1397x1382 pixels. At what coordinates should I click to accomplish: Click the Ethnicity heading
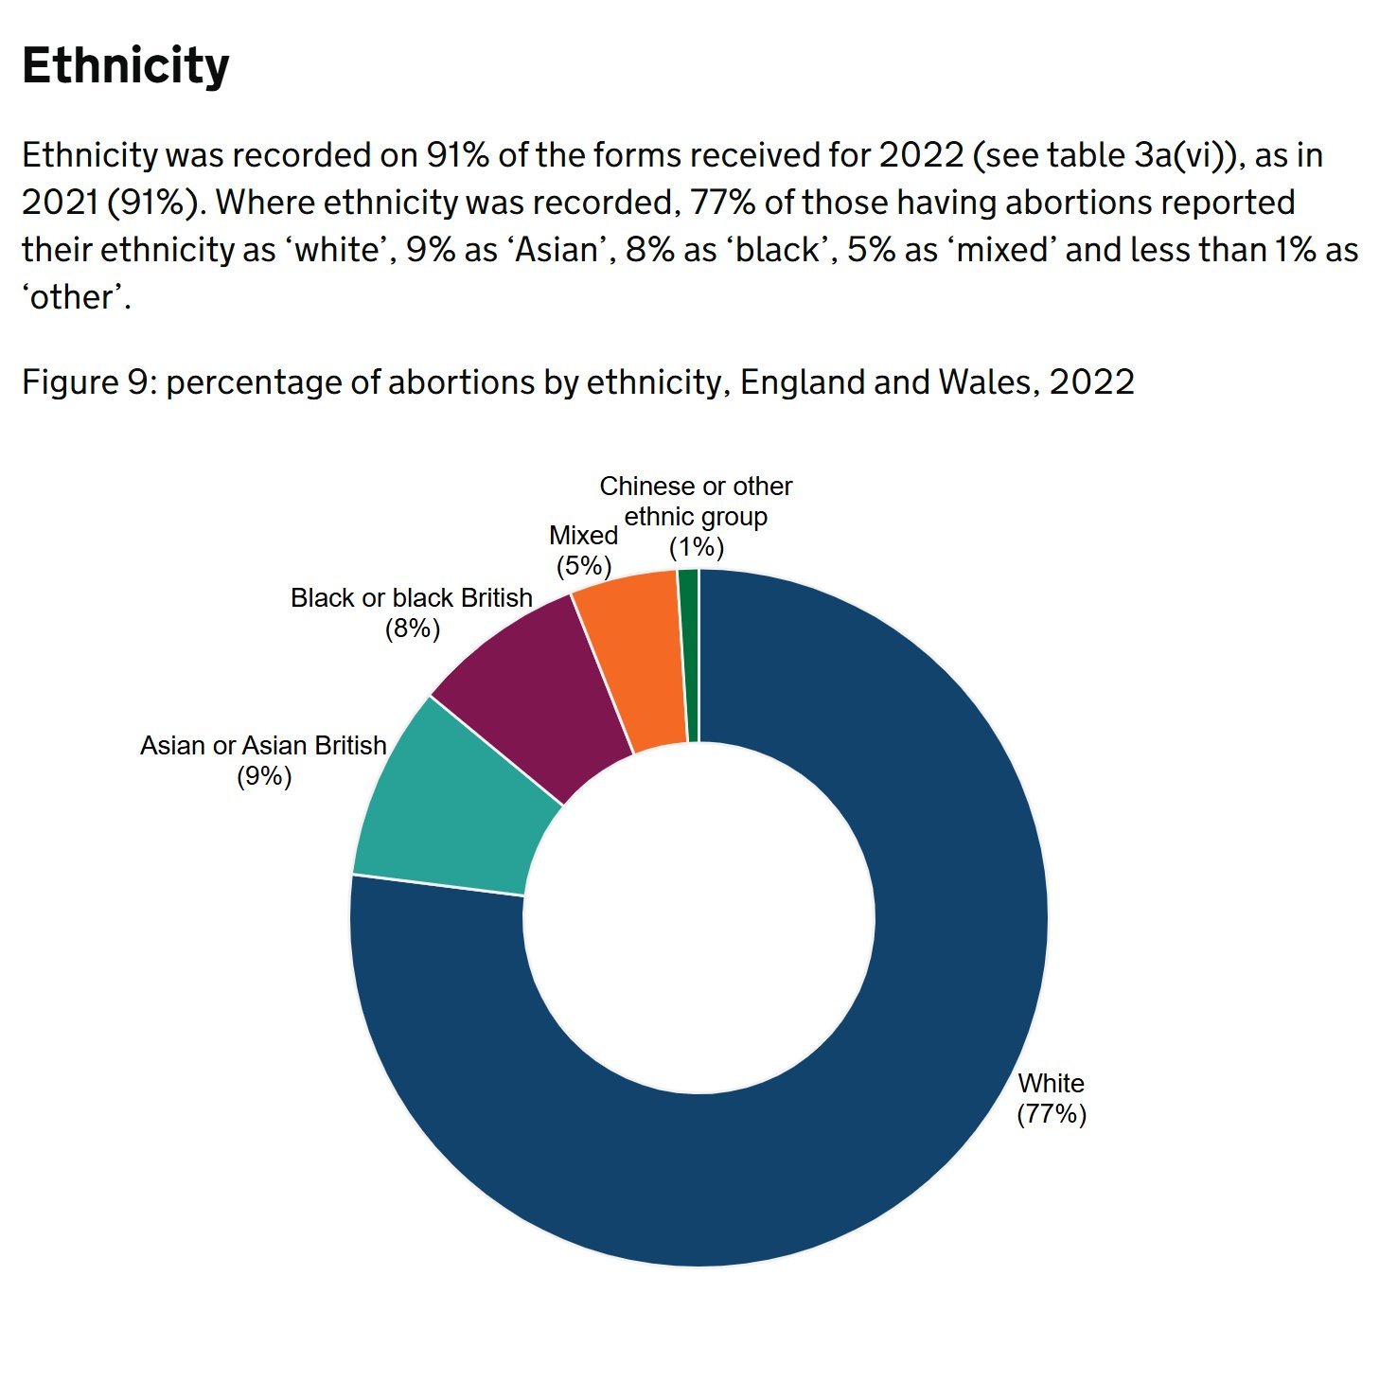[126, 66]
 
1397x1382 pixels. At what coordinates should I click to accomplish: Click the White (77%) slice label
[1051, 1098]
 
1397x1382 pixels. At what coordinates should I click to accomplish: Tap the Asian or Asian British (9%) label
[263, 760]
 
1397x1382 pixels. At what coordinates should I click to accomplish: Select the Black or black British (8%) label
[412, 612]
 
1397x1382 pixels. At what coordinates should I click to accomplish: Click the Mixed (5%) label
[583, 550]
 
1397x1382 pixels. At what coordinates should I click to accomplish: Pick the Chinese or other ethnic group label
[696, 516]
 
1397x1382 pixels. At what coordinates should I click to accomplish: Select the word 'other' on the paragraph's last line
[76, 297]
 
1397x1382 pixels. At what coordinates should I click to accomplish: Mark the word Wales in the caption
[988, 382]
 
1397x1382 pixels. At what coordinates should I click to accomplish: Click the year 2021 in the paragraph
[60, 203]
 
